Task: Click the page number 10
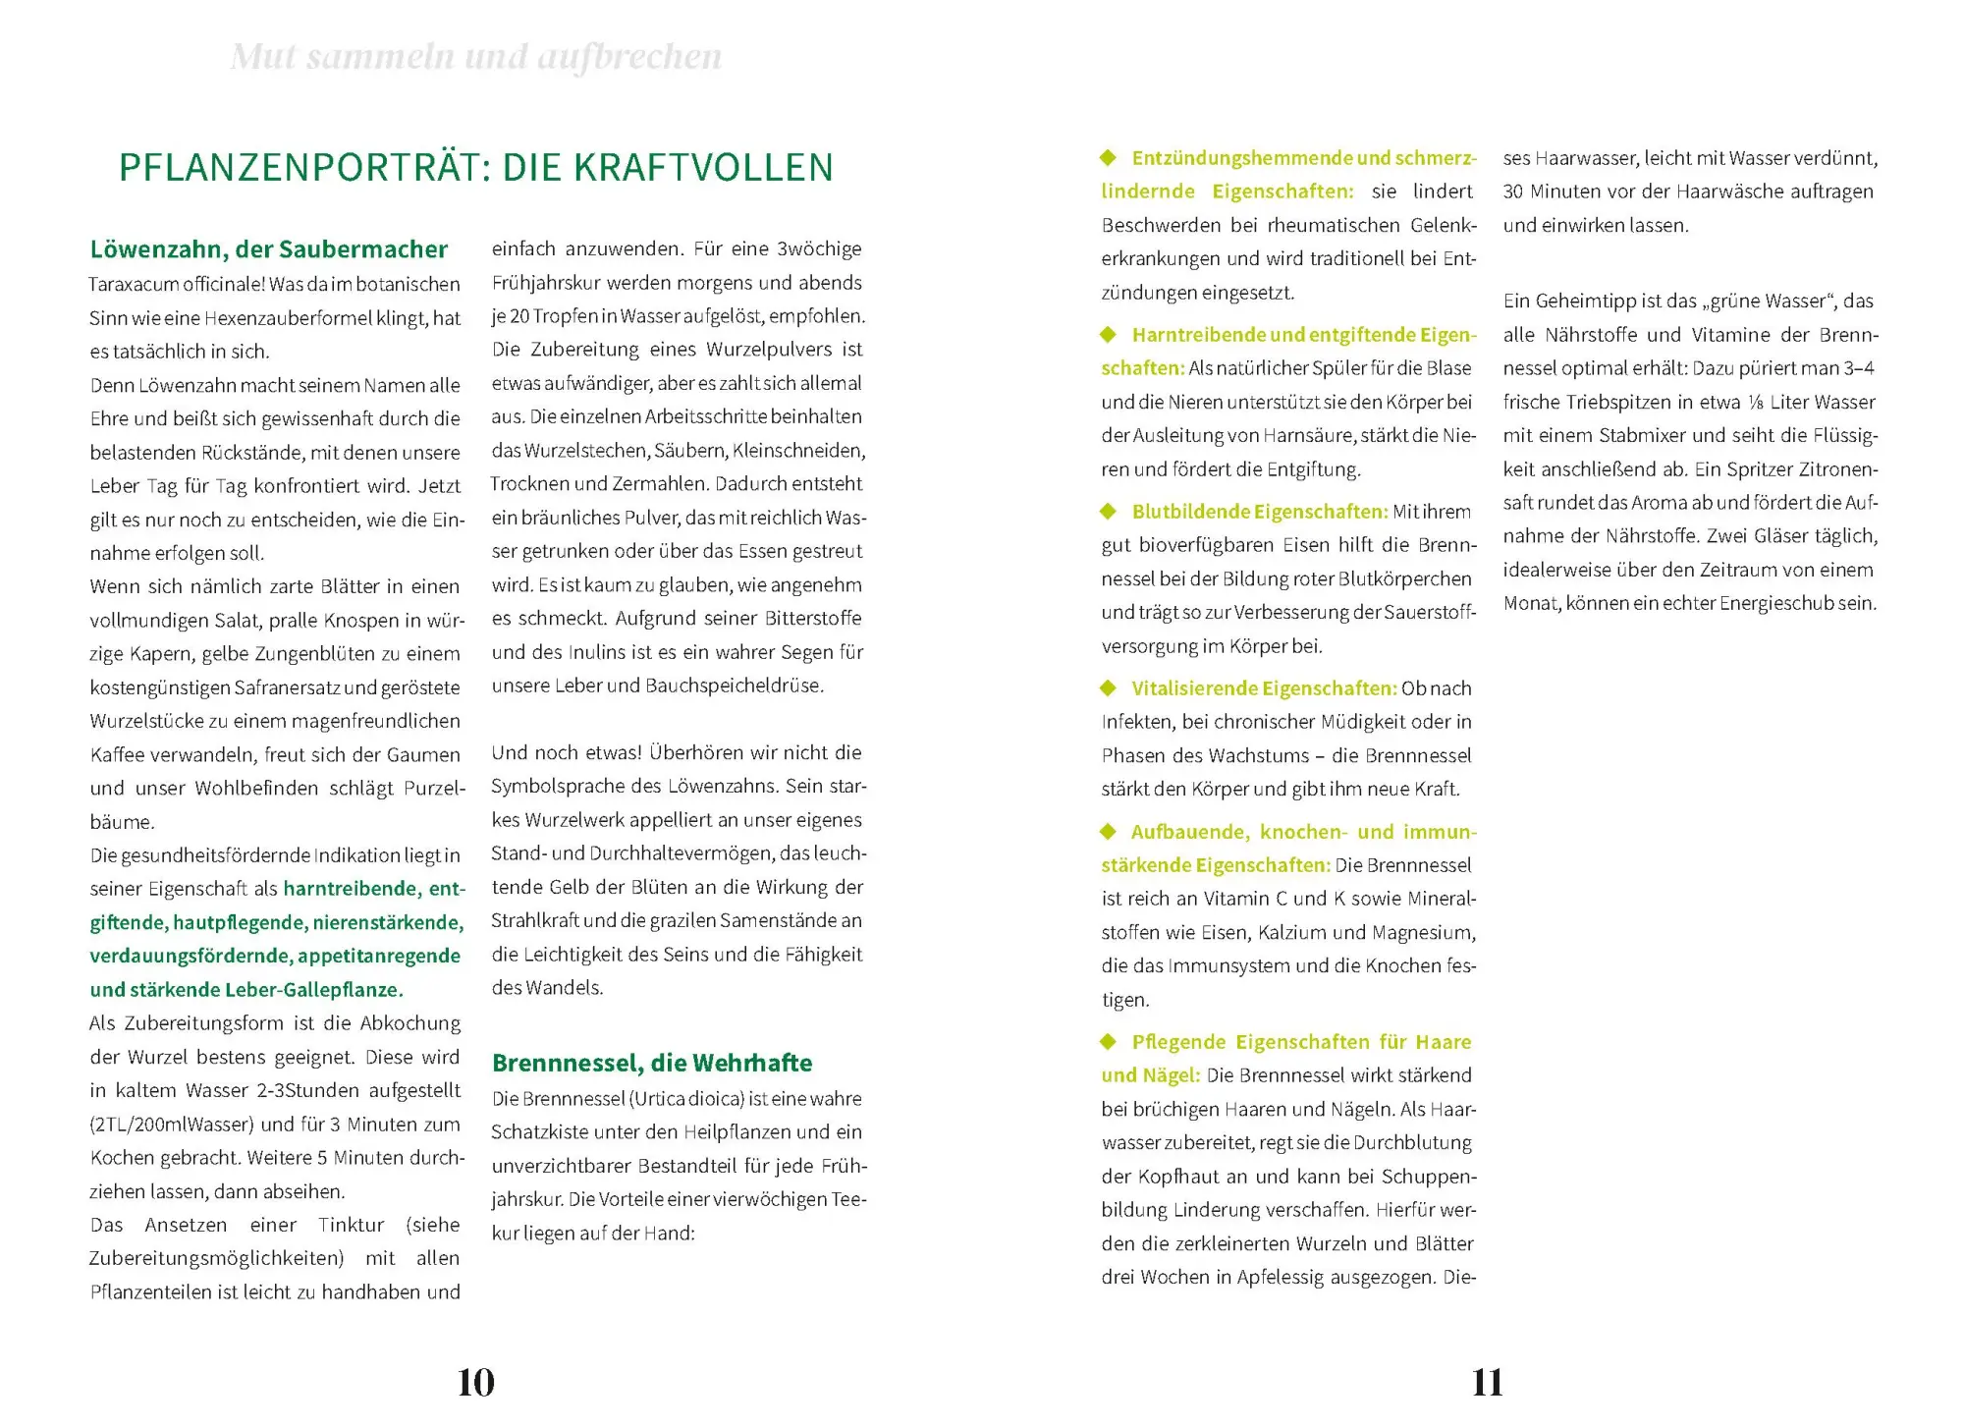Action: tap(476, 1383)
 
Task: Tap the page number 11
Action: tap(1488, 1383)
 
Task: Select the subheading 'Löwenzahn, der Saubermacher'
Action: tap(268, 249)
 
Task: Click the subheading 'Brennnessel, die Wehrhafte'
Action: tap(652, 1063)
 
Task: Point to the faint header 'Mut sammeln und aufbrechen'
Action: tap(476, 57)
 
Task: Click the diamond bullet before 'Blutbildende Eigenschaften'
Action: tap(1109, 511)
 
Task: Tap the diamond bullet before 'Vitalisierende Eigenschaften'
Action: tap(1109, 687)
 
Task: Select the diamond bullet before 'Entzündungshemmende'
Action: tap(1109, 157)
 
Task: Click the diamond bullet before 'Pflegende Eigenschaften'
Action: tap(1109, 1041)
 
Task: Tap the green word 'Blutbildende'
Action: tap(1191, 512)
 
